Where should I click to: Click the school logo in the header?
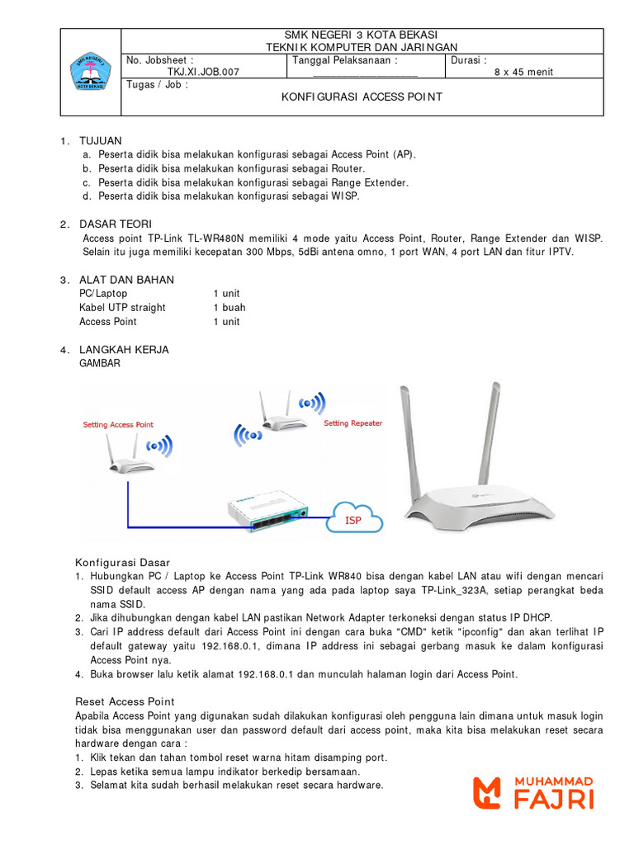(91, 73)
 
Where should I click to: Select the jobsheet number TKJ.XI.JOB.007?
(203, 72)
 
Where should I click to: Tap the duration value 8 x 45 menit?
(523, 72)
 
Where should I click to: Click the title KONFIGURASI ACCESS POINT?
(362, 97)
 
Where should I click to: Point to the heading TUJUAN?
(100, 141)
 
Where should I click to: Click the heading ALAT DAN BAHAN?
(126, 280)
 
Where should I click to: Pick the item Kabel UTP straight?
(122, 308)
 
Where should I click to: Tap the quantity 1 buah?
(229, 308)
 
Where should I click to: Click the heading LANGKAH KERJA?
(124, 349)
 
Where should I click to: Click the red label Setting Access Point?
(118, 425)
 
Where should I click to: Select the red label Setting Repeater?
(352, 423)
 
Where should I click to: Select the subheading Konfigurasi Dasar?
(122, 562)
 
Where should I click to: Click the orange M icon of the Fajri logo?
(487, 792)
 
